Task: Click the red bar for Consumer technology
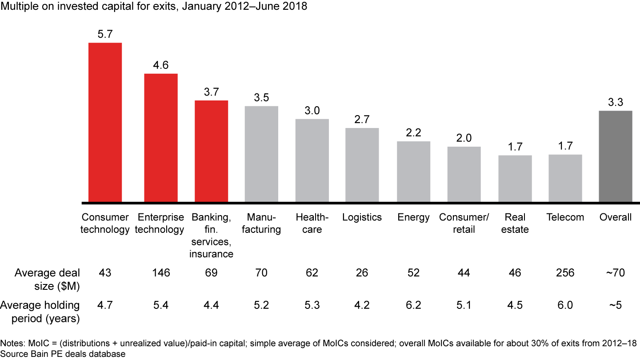pyautogui.click(x=105, y=123)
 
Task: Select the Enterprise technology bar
pyautogui.click(x=161, y=138)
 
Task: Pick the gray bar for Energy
pyautogui.click(x=413, y=172)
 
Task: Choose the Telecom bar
pyautogui.click(x=565, y=178)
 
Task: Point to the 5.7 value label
pyautogui.click(x=105, y=34)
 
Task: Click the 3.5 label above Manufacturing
pyautogui.click(x=261, y=97)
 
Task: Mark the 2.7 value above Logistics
pyautogui.click(x=362, y=120)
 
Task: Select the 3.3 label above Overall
pyautogui.click(x=616, y=102)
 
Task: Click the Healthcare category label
pyautogui.click(x=312, y=223)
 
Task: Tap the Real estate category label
pyautogui.click(x=515, y=223)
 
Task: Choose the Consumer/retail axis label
pyautogui.click(x=464, y=223)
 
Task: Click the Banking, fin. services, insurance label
pyautogui.click(x=211, y=235)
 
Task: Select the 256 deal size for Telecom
pyautogui.click(x=565, y=272)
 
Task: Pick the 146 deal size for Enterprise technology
pyautogui.click(x=161, y=272)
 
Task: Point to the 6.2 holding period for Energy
pyautogui.click(x=413, y=305)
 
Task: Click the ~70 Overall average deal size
pyautogui.click(x=616, y=272)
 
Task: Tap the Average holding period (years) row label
pyautogui.click(x=40, y=311)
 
